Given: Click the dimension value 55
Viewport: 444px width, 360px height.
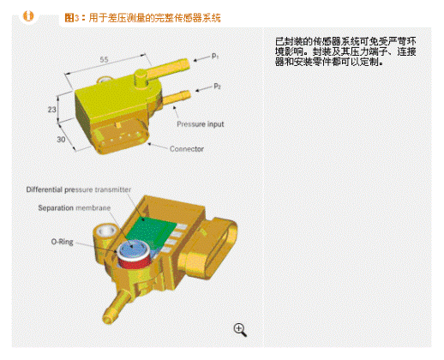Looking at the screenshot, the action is click(105, 59).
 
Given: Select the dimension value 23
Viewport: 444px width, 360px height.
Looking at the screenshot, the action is click(51, 110).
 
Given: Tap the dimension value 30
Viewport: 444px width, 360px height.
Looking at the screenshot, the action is click(61, 139).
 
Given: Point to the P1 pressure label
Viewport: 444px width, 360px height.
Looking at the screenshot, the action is click(215, 56).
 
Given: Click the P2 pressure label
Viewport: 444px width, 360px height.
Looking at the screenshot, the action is click(217, 86).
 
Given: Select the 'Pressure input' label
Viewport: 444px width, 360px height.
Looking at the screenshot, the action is click(201, 124).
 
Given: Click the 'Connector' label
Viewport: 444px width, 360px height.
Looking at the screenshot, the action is click(187, 149).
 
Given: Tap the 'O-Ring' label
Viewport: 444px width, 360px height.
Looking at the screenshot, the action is click(62, 242).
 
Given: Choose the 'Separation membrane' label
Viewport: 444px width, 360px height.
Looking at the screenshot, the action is click(75, 207).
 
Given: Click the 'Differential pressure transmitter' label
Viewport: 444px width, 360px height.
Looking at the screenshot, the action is click(79, 189).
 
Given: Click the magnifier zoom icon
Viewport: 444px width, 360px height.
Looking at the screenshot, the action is click(240, 330).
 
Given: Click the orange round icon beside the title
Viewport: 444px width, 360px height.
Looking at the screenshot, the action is click(28, 16).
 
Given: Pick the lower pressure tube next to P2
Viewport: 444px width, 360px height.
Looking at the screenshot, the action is click(177, 98).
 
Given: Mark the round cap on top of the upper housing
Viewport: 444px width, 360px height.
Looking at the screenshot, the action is click(141, 78).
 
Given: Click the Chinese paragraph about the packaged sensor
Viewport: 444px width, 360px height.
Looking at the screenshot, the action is click(345, 51).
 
